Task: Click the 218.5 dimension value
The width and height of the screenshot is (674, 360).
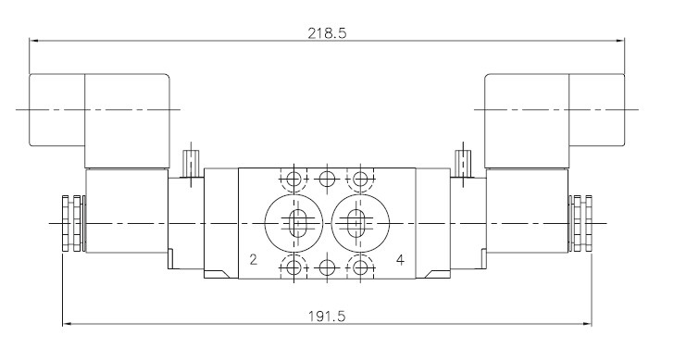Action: pos(327,33)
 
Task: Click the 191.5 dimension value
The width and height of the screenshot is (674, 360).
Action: pos(327,317)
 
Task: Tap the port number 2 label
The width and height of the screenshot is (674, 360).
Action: pos(253,259)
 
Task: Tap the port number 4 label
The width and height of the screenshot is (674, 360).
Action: pos(400,259)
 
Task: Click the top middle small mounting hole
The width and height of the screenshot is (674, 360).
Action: pos(327,178)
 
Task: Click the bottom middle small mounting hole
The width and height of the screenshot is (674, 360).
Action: pos(327,268)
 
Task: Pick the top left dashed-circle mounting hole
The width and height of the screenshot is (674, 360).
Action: pos(293,178)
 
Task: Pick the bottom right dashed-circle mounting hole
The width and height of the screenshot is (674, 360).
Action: pos(360,268)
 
